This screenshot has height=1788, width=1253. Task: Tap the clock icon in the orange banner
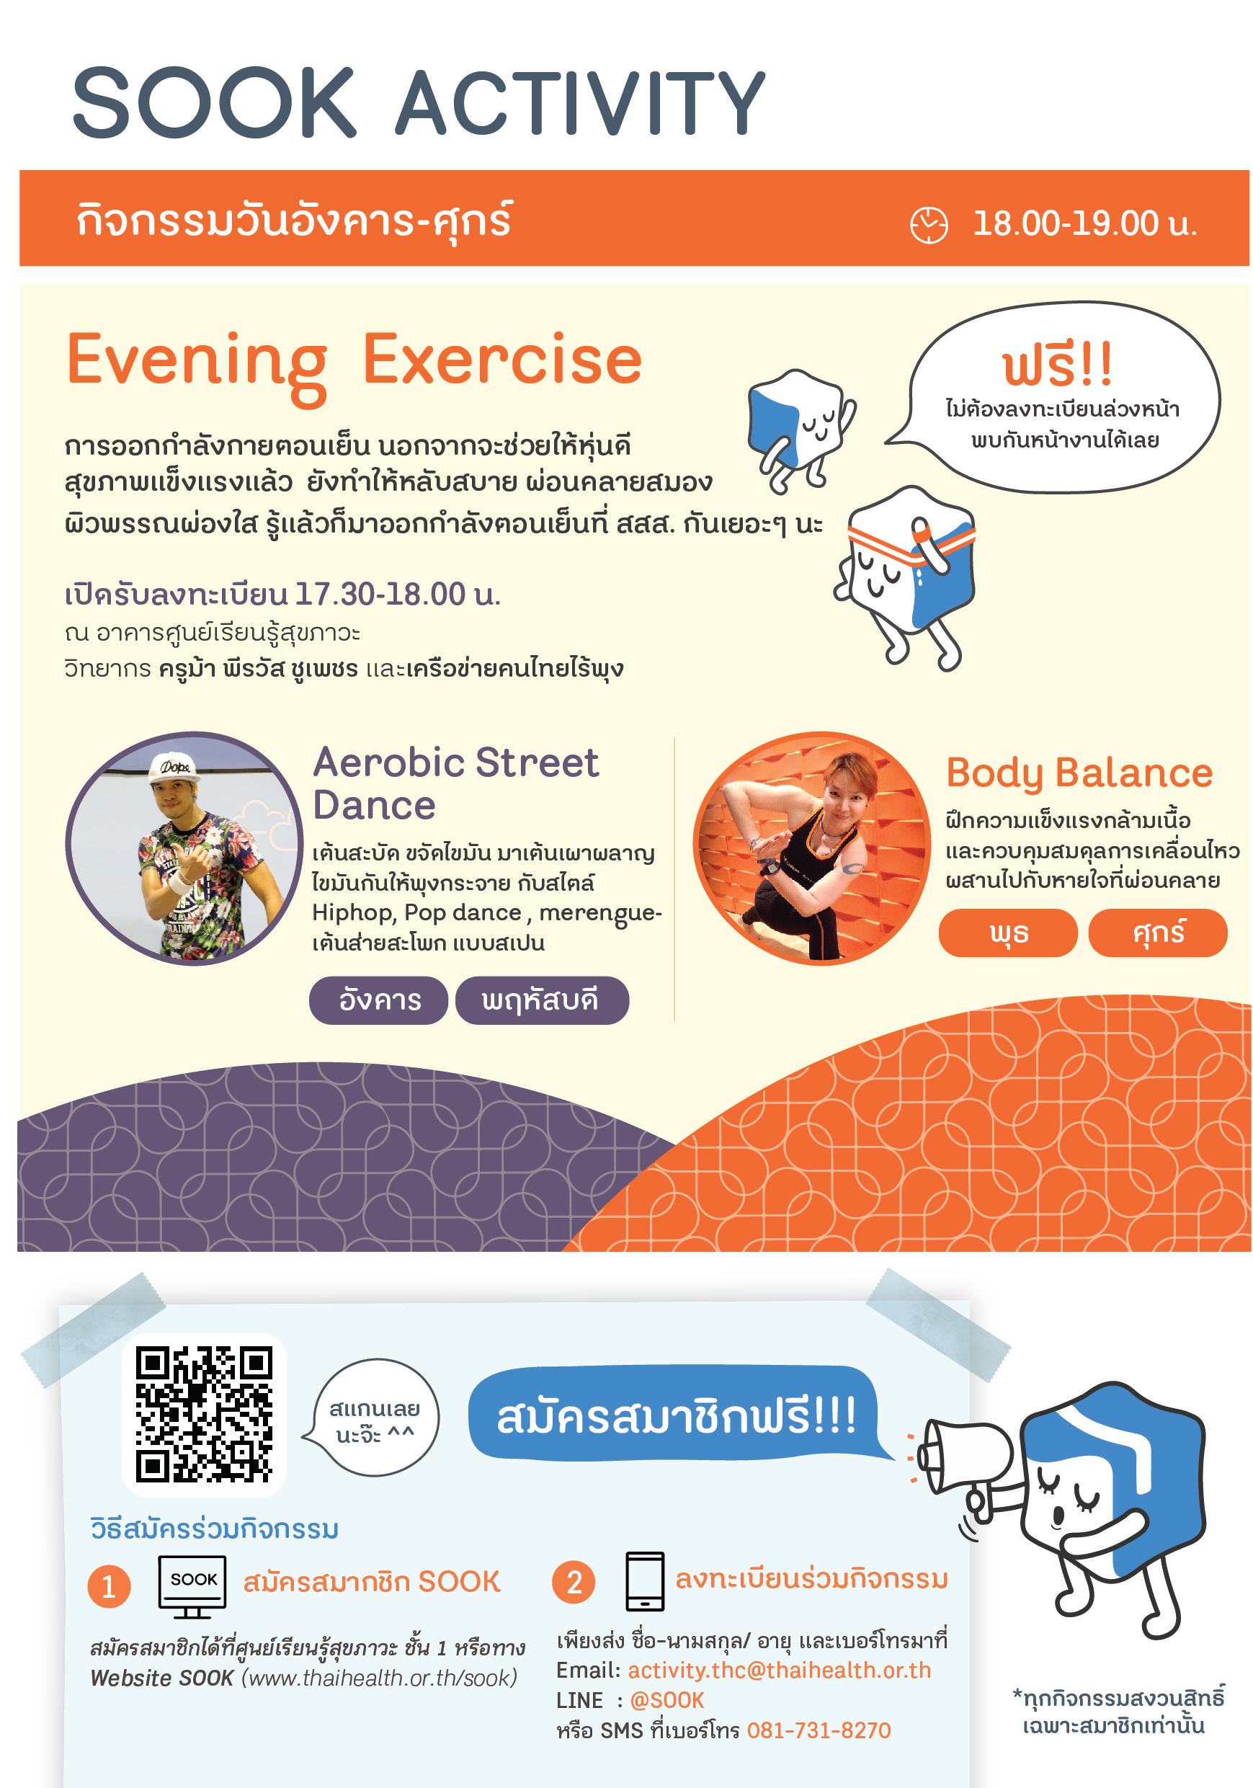929,225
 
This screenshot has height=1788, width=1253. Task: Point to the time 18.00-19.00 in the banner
1066,223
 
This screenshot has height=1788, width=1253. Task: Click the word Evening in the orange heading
197,364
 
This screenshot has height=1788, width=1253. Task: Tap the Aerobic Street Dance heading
455,783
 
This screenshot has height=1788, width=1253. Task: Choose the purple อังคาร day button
378,1000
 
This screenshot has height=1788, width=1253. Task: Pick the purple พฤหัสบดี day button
542,1000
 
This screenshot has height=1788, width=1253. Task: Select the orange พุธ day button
1009,932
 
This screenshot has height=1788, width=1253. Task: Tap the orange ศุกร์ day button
1158,932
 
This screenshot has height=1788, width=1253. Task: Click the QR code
204,1413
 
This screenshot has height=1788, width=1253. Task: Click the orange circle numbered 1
109,1585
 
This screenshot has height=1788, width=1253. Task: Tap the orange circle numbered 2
574,1582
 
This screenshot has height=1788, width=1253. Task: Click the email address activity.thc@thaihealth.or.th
780,1671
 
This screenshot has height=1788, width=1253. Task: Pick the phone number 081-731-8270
819,1730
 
